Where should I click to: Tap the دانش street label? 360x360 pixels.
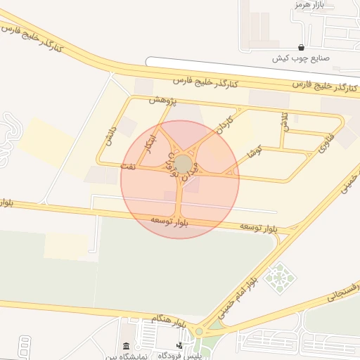click(108, 136)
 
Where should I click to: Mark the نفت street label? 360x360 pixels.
click(128, 167)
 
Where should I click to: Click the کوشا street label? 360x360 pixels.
click(255, 151)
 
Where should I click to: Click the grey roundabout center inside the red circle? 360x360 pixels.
click(183, 165)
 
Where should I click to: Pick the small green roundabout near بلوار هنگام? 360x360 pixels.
click(200, 332)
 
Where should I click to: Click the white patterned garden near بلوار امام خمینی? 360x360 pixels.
click(281, 276)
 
